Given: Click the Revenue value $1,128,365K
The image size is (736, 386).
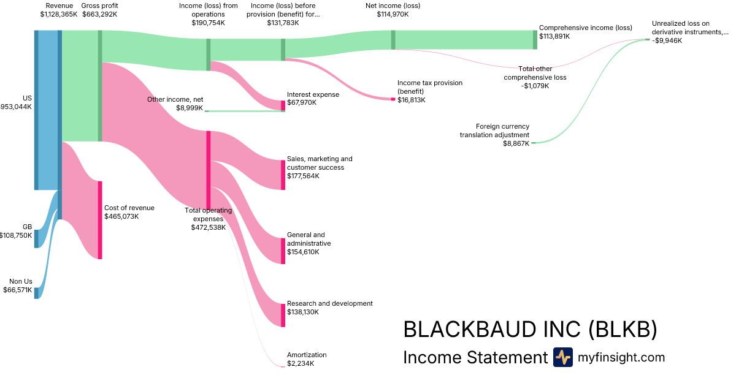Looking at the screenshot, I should pos(59,14).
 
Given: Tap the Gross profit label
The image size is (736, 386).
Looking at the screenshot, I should pos(100,6).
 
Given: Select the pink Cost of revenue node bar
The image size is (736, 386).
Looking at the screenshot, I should pos(100,220).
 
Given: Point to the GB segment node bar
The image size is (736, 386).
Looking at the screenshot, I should pos(36,238).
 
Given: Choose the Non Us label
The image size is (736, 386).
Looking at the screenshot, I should pos(20,281).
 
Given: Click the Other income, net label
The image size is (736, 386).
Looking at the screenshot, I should pos(175,99).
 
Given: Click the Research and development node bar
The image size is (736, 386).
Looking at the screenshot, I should pos(283,315).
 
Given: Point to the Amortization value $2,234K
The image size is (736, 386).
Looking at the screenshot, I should pos(301,363).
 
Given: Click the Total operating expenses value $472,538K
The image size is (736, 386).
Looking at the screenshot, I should pos(209,227).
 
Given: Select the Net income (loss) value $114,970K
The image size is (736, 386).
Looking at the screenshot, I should pos(393,14).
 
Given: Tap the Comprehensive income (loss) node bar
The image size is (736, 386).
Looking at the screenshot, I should pos(535,40).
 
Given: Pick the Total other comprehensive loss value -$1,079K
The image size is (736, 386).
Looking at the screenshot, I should pos(535,86).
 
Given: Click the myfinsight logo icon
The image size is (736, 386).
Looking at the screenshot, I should pos(563,357).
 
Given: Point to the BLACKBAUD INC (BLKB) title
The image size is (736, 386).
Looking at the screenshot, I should pos(530,330).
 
